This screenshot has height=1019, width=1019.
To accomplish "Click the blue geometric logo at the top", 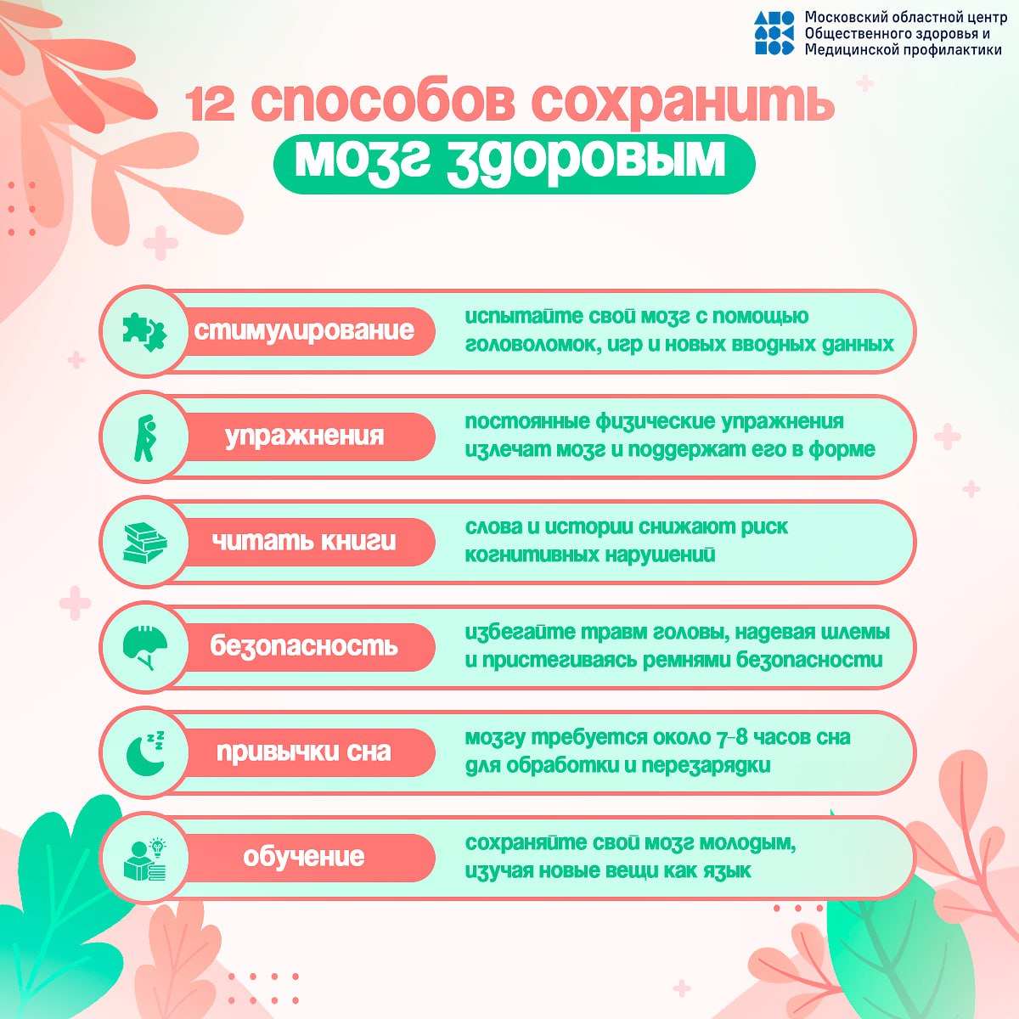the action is [774, 33].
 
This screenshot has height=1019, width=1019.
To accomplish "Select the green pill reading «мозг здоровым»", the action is [514, 163].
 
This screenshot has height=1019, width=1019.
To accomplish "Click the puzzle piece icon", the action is [144, 332].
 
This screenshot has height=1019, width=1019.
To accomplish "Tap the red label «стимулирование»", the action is [305, 331].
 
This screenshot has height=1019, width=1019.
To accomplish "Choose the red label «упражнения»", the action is [305, 436].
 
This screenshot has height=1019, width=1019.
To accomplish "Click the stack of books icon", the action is [144, 543].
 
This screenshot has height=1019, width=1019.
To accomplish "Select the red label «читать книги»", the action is [305, 542].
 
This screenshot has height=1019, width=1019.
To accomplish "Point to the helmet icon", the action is [145, 648].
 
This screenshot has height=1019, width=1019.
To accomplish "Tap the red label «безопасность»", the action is [305, 647].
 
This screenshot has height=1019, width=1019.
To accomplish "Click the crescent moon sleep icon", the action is [145, 753].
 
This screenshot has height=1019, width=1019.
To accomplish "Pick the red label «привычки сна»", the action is [305, 752].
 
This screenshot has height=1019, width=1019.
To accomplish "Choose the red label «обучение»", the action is [305, 858].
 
